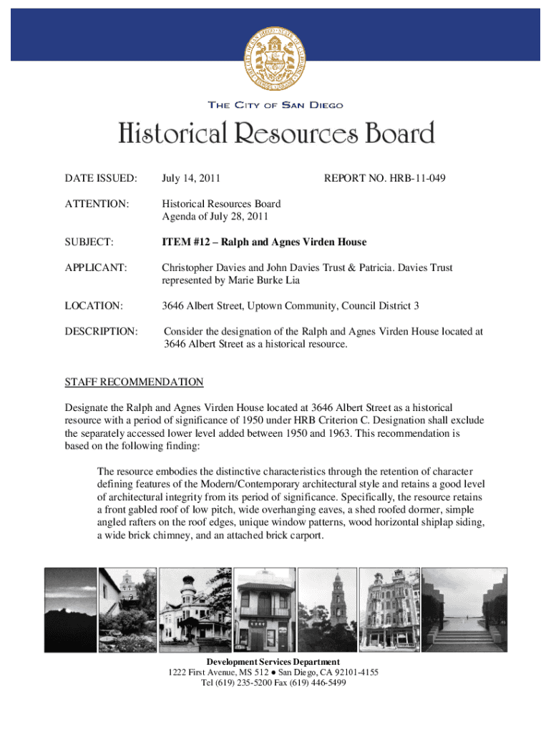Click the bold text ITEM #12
click(x=188, y=243)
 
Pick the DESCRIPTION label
click(x=100, y=332)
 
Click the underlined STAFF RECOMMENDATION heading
click(x=135, y=382)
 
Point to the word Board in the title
click(x=397, y=134)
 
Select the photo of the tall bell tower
click(x=326, y=610)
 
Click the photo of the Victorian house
click(x=190, y=610)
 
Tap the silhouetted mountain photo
click(x=70, y=610)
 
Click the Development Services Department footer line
click(x=273, y=662)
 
